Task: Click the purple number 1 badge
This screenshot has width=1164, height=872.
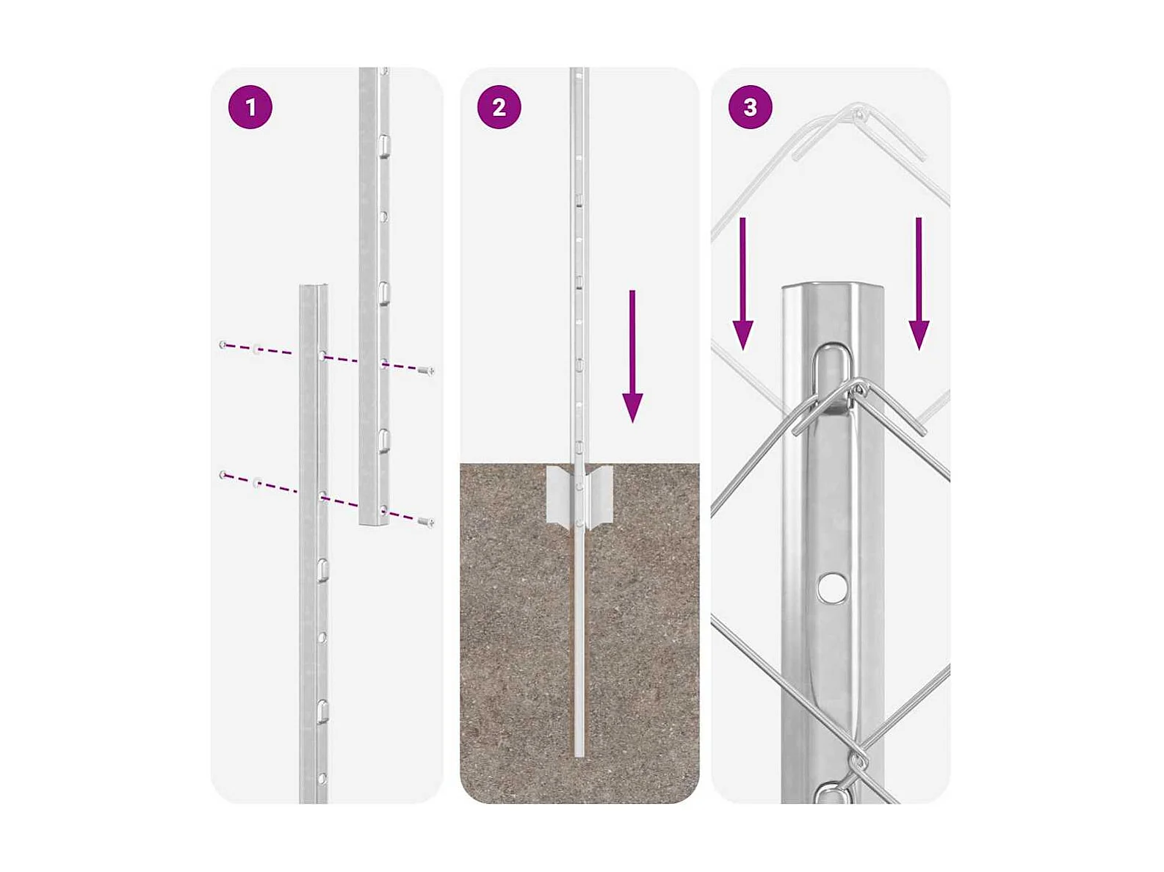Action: [250, 107]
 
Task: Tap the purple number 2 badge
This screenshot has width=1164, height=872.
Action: [499, 107]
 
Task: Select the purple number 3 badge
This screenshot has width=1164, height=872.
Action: [750, 107]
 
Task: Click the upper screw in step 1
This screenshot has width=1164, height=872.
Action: [426, 371]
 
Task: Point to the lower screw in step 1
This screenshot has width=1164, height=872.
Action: [426, 523]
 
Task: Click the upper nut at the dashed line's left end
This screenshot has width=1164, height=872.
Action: [223, 345]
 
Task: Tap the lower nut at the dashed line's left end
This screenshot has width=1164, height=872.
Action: [223, 475]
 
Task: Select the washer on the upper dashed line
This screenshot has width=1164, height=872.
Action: [257, 349]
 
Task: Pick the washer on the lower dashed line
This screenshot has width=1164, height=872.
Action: [257, 483]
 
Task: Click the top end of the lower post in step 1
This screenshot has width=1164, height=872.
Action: [313, 288]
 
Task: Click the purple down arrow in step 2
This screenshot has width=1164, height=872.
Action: [632, 356]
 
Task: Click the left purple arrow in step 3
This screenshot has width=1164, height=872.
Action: [742, 283]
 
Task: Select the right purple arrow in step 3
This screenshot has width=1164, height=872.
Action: [919, 283]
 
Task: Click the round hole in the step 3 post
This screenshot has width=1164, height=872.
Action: [832, 587]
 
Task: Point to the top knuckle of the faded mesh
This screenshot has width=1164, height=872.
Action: [859, 113]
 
